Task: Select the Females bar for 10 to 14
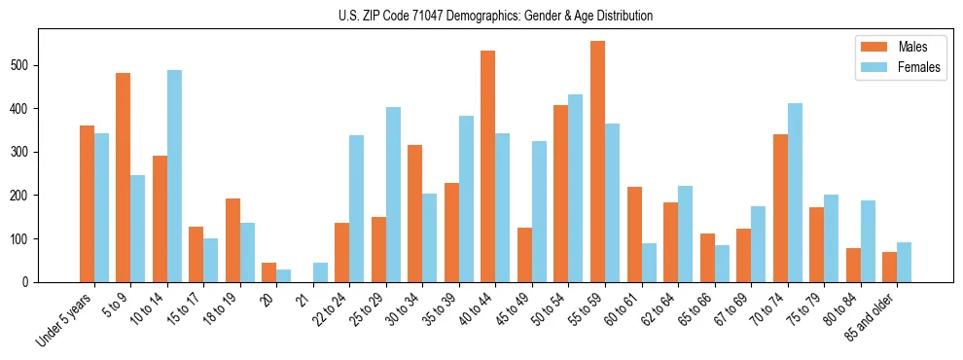pyautogui.click(x=174, y=176)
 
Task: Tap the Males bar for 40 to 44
pyautogui.click(x=488, y=166)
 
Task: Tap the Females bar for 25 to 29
pyautogui.click(x=393, y=195)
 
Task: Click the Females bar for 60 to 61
pyautogui.click(x=649, y=263)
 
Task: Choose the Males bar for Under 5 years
pyautogui.click(x=87, y=203)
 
